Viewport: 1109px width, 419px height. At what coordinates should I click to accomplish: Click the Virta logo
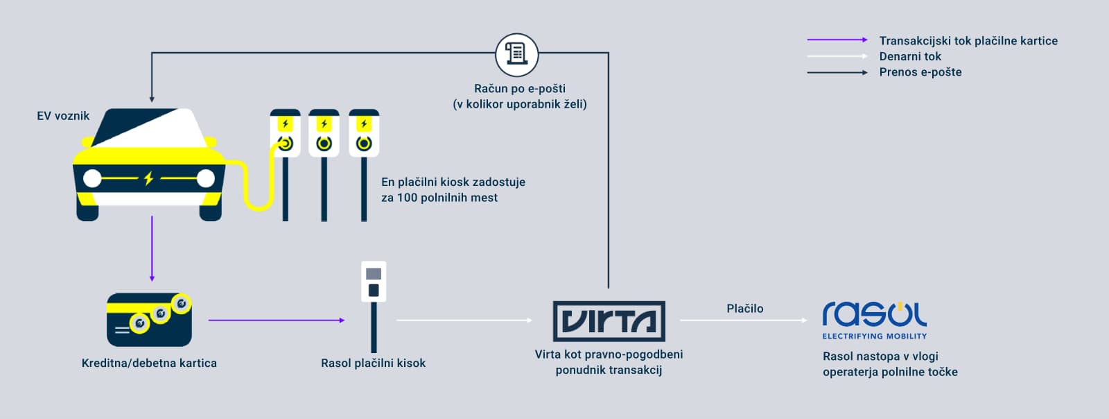(609, 320)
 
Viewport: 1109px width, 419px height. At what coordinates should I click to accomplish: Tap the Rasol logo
(874, 316)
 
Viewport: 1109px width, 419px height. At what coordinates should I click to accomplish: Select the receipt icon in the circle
(516, 54)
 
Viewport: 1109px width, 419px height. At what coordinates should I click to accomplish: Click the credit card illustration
(149, 319)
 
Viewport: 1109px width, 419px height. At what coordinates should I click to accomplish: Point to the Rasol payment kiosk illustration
(374, 305)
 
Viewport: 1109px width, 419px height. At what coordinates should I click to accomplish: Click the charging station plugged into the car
(285, 164)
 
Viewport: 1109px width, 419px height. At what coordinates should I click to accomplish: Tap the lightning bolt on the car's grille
(148, 178)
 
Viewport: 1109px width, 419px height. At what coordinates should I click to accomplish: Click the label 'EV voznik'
(63, 116)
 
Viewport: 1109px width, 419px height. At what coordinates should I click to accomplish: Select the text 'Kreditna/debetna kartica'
(149, 363)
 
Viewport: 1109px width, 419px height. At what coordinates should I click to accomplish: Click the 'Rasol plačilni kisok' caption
(373, 363)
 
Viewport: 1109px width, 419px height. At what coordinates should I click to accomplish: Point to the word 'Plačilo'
(744, 309)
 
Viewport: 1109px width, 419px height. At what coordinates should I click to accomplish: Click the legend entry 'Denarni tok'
(910, 56)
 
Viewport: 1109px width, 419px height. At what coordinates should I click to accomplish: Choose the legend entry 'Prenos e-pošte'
(920, 72)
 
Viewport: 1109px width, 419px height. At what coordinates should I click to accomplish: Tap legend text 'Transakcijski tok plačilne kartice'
(968, 41)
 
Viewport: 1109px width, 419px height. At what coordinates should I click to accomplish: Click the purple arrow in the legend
(837, 40)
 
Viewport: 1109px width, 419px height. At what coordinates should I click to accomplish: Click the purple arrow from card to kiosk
(276, 320)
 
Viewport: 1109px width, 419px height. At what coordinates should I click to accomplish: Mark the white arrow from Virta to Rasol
(743, 320)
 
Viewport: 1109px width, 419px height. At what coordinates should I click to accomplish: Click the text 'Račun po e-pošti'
(519, 89)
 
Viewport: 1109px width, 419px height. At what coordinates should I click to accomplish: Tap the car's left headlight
(92, 178)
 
